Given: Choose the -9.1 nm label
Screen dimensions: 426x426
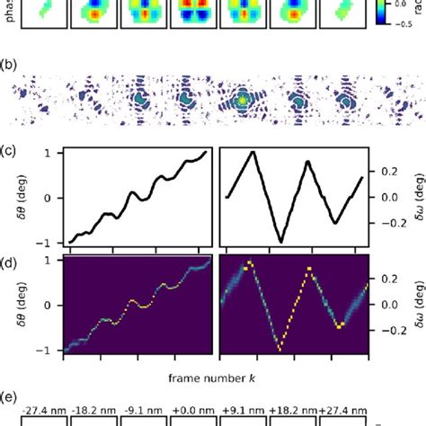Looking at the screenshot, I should [x=142, y=407].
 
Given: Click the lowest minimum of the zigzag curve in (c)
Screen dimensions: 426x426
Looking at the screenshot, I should [x=280, y=241].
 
